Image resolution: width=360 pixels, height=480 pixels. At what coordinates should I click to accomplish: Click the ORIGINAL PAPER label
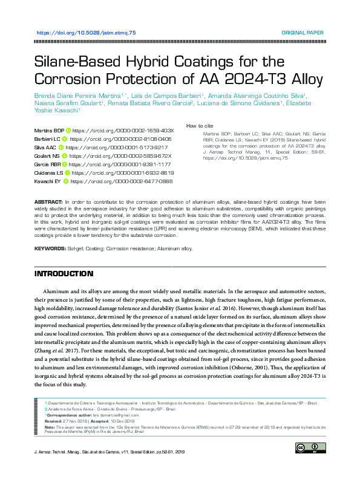click(303, 32)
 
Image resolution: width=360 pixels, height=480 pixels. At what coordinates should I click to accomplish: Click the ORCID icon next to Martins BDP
click(68, 130)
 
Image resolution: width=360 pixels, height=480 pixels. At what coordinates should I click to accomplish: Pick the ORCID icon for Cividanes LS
click(67, 172)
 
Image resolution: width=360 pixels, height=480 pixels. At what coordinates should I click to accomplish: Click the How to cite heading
click(200, 126)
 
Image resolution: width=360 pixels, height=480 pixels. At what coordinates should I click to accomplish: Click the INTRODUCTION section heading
click(64, 274)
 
